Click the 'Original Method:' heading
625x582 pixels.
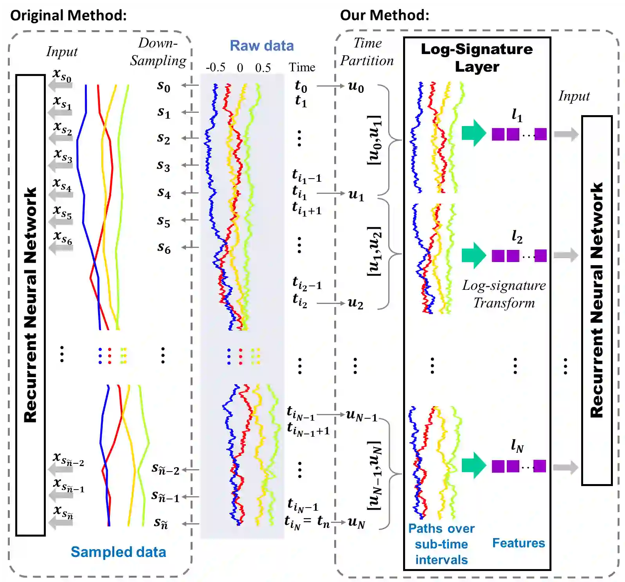pos(68,15)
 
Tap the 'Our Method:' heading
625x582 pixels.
pos(384,15)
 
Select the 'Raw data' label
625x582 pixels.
pos(261,46)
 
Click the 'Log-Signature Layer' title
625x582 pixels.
pos(477,58)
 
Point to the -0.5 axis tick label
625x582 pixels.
pos(216,67)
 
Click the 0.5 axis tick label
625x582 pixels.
pos(263,68)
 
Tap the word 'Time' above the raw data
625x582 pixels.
pos(302,67)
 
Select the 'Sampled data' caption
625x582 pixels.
pos(118,552)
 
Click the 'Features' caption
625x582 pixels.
pos(518,543)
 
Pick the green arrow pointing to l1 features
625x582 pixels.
pos(474,133)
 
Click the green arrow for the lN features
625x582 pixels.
pos(474,465)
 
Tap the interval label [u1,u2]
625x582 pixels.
pos(374,251)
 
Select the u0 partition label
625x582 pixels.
pos(356,87)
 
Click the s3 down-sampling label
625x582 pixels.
pos(164,166)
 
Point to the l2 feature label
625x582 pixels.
pos(517,237)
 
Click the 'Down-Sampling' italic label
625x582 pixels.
pos(158,52)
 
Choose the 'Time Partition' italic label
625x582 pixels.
pos(367,52)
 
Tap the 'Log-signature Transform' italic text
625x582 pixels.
pos(504,294)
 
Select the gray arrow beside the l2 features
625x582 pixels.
pos(566,255)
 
